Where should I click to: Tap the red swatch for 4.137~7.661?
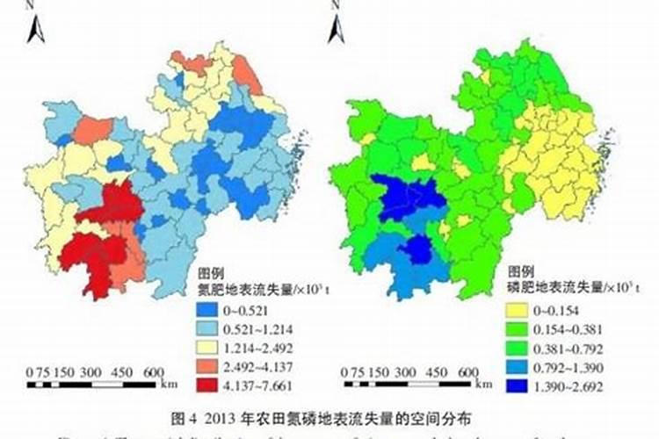208,385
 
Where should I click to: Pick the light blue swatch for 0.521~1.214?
208,327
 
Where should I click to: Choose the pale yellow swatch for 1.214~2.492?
208,346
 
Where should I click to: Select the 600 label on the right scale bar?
468,371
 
